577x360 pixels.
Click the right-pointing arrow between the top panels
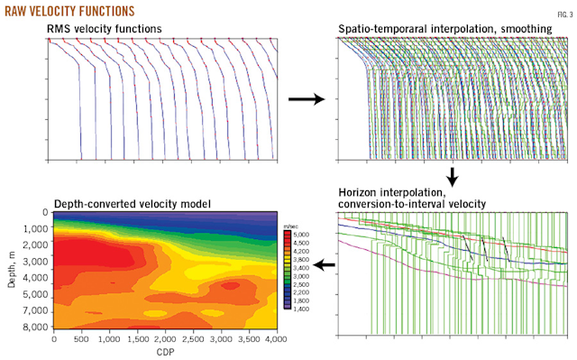point(306,98)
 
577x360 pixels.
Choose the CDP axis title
point(164,352)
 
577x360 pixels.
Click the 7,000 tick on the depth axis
point(34,313)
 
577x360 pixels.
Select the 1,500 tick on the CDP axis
point(137,340)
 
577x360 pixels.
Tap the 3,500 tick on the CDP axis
point(247,340)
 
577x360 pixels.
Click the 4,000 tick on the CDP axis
point(274,340)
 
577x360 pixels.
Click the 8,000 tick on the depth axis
point(34,328)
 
